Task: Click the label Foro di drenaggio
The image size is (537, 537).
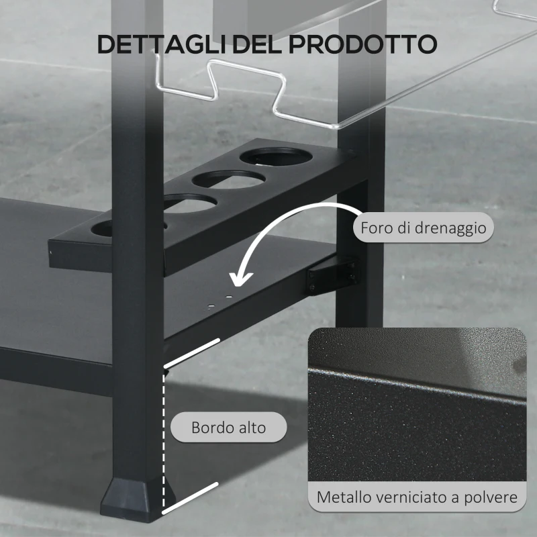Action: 423,228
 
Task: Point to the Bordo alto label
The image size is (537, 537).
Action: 228,427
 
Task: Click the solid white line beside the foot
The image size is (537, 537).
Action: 191,497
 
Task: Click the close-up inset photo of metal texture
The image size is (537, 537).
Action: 416,403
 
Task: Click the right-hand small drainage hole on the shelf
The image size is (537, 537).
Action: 229,296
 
